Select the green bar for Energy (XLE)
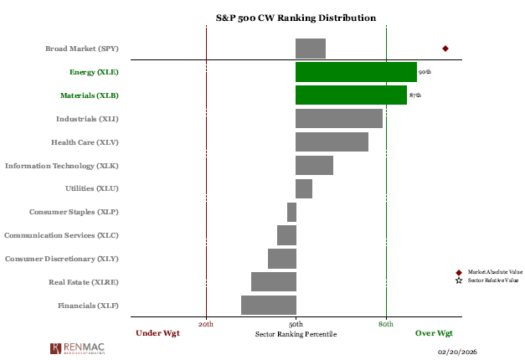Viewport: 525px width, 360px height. (356, 72)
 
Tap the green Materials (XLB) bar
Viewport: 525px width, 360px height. (351, 95)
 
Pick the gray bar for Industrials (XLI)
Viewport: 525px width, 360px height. (339, 119)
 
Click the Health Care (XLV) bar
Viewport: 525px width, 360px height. (332, 142)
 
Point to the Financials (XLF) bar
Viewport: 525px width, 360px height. (268, 305)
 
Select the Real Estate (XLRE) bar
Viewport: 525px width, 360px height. (273, 281)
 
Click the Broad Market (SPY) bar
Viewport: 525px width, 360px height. (310, 49)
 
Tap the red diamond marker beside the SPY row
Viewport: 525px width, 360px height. (445, 49)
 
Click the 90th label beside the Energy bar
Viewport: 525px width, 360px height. (425, 73)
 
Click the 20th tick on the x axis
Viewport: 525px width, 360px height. (206, 323)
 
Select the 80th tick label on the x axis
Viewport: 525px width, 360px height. (386, 323)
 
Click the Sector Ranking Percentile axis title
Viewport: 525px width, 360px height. (296, 333)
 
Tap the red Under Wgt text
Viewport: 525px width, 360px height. (157, 333)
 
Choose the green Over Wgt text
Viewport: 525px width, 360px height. (434, 333)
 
